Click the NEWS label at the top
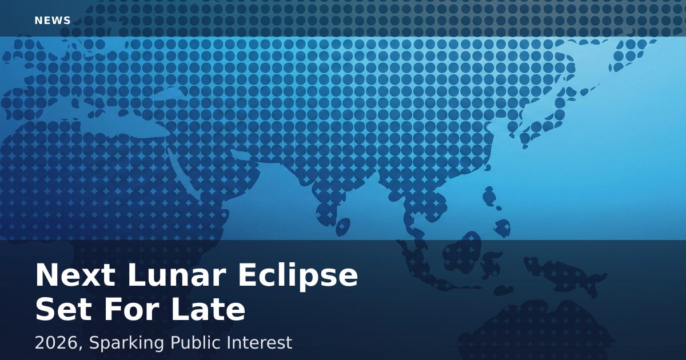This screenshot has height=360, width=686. (53, 21)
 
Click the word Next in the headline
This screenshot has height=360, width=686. (75, 275)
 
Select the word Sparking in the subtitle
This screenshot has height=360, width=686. (126, 344)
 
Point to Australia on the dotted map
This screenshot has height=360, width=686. (536, 331)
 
